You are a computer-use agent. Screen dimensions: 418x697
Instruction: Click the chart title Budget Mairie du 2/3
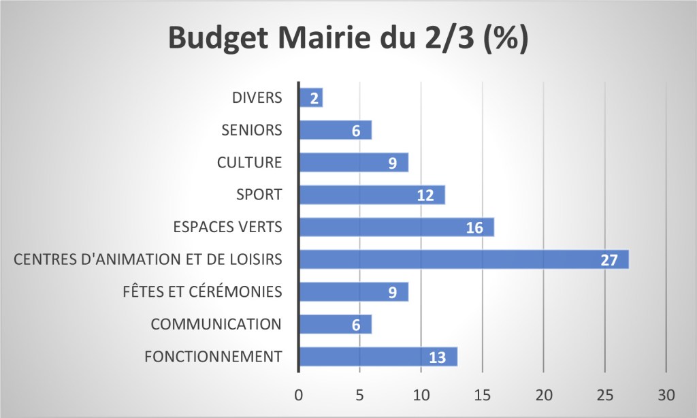(348, 39)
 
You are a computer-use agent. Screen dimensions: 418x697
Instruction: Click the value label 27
(609, 261)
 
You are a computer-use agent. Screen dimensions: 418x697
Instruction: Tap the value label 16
(474, 228)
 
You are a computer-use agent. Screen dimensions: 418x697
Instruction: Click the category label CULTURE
(249, 163)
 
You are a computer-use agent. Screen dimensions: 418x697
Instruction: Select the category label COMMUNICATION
(216, 324)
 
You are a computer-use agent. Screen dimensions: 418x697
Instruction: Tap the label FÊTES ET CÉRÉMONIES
(212, 292)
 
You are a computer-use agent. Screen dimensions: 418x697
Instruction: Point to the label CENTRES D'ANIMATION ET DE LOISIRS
(148, 259)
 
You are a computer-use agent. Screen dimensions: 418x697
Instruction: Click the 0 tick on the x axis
(299, 396)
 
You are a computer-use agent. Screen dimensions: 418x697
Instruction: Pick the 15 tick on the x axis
(482, 396)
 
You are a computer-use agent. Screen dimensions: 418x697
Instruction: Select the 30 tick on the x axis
(666, 396)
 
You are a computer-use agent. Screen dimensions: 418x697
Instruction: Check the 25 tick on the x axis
(604, 396)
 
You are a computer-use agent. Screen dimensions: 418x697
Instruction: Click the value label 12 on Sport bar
(425, 196)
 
